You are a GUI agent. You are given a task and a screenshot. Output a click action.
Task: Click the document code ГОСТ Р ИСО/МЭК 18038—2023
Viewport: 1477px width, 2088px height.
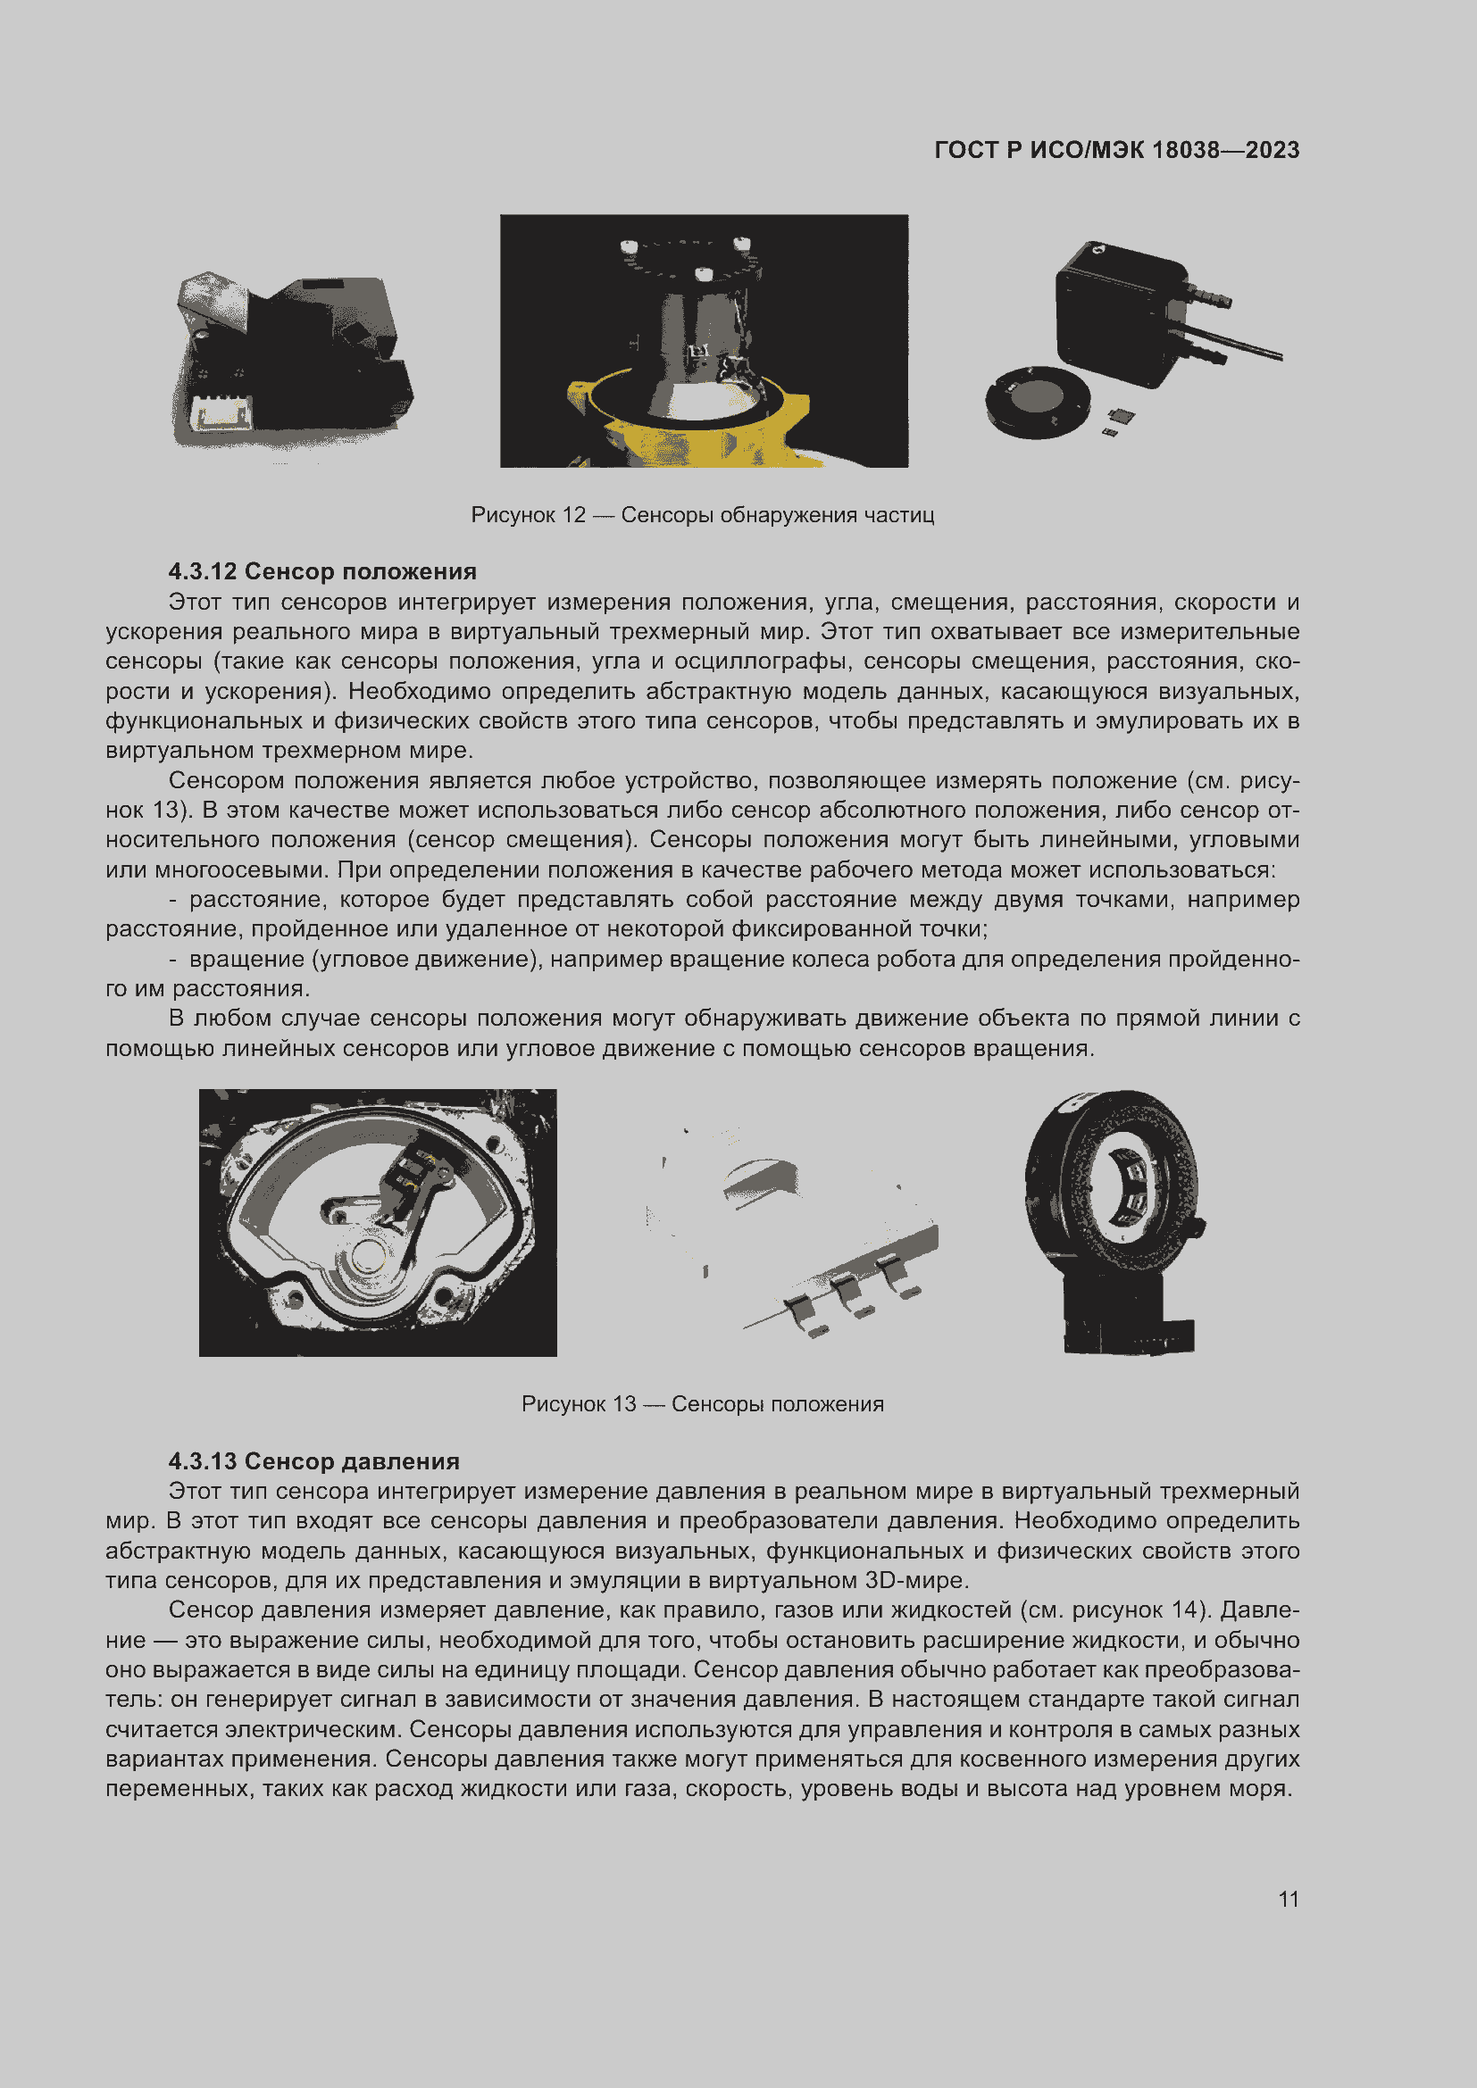click(x=1116, y=150)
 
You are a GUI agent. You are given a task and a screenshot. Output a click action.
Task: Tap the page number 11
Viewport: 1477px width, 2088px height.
click(x=1288, y=1899)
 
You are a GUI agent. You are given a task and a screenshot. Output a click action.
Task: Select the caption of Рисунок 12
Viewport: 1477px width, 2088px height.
click(x=702, y=515)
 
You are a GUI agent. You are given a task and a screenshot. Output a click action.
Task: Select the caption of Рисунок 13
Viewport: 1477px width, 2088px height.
click(x=702, y=1404)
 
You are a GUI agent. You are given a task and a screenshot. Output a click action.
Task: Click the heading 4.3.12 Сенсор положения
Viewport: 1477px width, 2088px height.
click(x=322, y=571)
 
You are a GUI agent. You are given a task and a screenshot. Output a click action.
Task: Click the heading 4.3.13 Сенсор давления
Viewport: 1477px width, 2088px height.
click(x=313, y=1460)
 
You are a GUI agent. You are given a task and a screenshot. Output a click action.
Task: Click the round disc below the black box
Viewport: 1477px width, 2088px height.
click(x=1037, y=401)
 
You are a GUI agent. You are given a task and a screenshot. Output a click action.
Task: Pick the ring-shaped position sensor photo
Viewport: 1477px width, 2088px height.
click(x=1115, y=1219)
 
